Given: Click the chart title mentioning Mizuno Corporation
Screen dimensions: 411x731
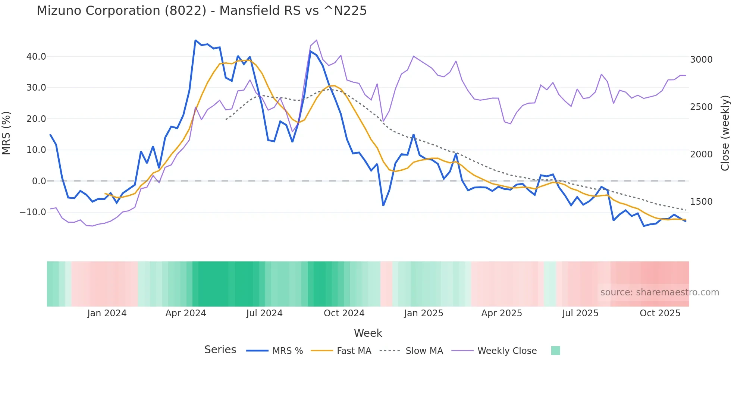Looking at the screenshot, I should [201, 11].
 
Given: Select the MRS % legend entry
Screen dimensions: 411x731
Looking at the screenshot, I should [287, 351].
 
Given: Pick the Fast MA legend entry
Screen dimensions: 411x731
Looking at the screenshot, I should [354, 351].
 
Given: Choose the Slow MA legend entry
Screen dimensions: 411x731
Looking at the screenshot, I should [424, 351].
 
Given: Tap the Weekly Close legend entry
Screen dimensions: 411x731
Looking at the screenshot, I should [507, 351].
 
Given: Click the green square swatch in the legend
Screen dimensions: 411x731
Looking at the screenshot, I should [555, 351].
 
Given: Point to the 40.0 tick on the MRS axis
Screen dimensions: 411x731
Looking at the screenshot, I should [36, 57].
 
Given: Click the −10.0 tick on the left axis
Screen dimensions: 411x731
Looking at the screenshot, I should [33, 212].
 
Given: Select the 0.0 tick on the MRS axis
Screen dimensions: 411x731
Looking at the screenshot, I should [39, 181].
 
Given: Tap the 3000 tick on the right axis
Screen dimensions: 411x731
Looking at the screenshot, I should [701, 60].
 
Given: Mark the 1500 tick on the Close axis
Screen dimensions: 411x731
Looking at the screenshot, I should [701, 202].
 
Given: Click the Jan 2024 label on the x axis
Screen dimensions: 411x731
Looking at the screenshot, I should [107, 313].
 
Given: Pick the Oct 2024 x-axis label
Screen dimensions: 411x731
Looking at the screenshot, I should [344, 313].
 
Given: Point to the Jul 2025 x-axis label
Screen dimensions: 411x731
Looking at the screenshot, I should [580, 313].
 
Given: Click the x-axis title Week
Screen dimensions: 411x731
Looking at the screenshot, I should [368, 333].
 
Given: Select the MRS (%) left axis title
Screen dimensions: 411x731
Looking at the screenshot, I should [6, 133].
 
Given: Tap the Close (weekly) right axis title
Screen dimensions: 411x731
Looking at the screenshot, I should [725, 133].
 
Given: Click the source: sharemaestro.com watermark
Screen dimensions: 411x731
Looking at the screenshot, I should [659, 292].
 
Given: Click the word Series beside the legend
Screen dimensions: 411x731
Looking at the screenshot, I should [220, 350].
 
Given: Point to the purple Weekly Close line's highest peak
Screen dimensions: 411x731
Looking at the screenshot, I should [317, 40].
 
